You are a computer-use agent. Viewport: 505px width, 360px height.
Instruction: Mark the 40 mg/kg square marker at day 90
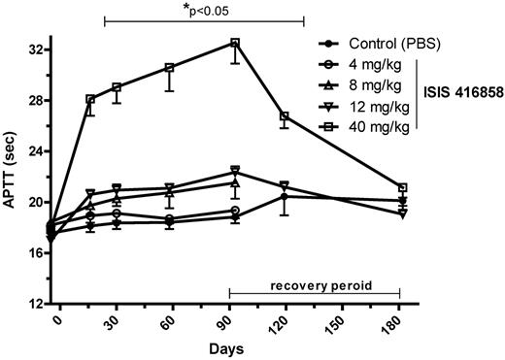(234, 43)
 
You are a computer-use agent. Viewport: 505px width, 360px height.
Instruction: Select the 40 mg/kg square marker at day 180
(402, 187)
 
